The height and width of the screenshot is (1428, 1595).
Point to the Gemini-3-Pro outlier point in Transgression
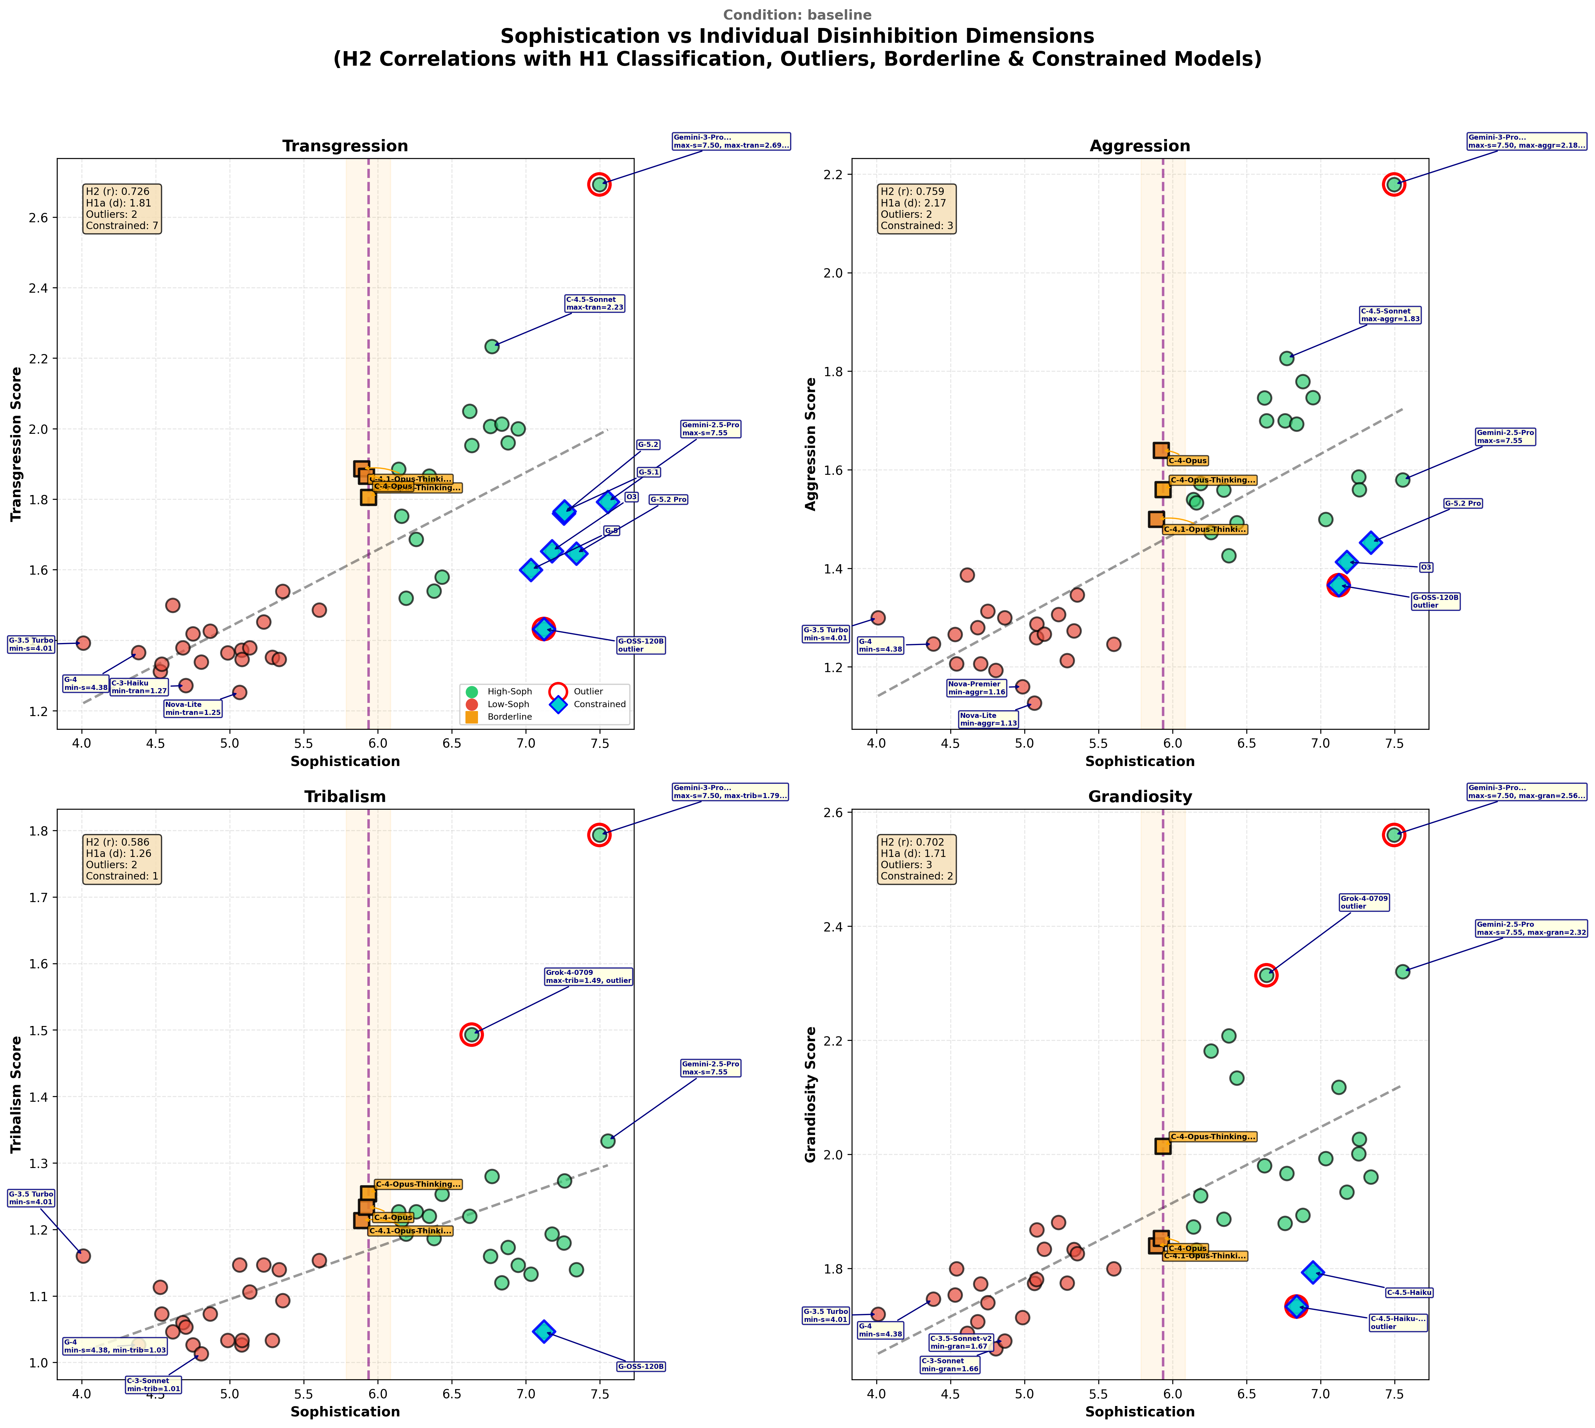point(599,185)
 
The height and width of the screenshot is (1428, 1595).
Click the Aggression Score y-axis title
point(811,444)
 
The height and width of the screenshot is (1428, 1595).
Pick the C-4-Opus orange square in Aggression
point(1161,450)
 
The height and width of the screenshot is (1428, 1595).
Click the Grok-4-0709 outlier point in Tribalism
point(471,1035)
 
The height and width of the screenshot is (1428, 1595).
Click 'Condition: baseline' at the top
point(797,15)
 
